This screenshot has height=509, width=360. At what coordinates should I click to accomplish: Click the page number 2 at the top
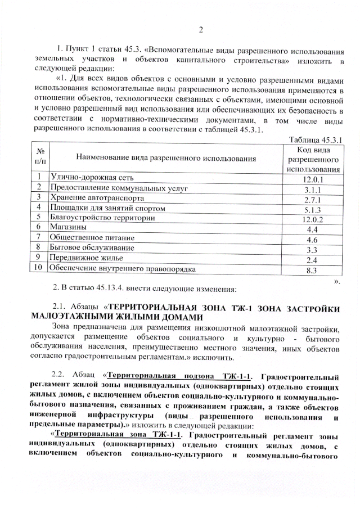pyautogui.click(x=201, y=30)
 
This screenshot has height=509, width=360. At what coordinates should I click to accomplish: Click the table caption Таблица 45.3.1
pyautogui.click(x=315, y=139)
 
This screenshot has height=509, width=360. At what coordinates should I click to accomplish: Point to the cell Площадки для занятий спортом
pyautogui.click(x=108, y=208)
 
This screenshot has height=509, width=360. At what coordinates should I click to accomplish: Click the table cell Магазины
pyautogui.click(x=68, y=228)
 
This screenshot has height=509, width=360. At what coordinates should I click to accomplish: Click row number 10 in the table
pyautogui.click(x=39, y=268)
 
